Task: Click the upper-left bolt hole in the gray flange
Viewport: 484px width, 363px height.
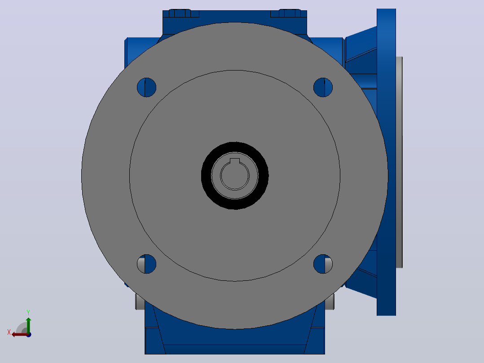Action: click(x=147, y=88)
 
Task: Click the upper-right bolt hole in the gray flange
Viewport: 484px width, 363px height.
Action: click(x=323, y=88)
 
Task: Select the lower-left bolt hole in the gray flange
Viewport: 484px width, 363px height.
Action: click(x=147, y=264)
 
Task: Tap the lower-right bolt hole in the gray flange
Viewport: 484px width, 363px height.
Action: click(x=323, y=264)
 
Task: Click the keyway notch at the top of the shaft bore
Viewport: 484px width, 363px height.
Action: click(x=235, y=161)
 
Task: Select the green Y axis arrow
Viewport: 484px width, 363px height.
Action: click(x=28, y=325)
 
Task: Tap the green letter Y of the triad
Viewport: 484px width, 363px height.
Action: click(x=28, y=312)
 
